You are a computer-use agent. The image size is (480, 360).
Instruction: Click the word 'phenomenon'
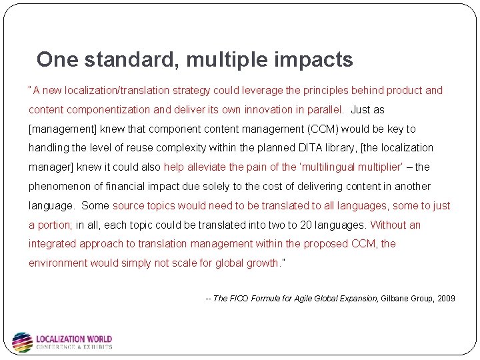(58, 187)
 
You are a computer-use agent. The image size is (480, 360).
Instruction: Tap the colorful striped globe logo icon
(22, 342)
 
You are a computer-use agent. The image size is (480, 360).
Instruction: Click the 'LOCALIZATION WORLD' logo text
(74, 339)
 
